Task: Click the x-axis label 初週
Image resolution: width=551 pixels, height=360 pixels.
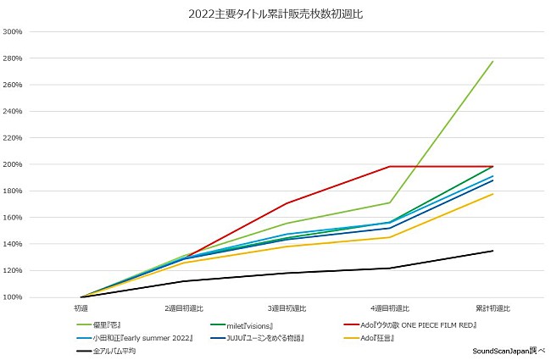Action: tap(81, 308)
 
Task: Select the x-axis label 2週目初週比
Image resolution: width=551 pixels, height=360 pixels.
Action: tap(184, 308)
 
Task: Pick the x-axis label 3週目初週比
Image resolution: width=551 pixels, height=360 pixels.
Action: tap(287, 308)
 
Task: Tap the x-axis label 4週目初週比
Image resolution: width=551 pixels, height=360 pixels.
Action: tap(390, 308)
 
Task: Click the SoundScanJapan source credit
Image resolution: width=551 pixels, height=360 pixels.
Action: tap(509, 350)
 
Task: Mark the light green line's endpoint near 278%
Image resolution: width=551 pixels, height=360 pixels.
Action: tap(493, 61)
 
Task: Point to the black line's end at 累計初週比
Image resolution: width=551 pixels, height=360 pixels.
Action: tap(493, 251)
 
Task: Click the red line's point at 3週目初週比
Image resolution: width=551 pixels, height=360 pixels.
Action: tap(287, 203)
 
